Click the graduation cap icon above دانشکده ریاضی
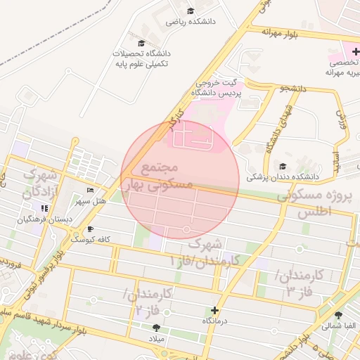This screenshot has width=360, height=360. point(191,11)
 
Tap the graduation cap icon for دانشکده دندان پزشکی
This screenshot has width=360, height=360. point(283,167)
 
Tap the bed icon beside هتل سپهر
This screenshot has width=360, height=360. point(89,191)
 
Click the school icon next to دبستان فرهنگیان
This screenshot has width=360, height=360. point(44,209)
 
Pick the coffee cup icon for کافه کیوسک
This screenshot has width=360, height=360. point(89,229)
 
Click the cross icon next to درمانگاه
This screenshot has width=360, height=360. point(214,310)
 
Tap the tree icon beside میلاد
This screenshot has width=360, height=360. point(155,328)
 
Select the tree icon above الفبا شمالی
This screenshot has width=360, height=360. point(339,314)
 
